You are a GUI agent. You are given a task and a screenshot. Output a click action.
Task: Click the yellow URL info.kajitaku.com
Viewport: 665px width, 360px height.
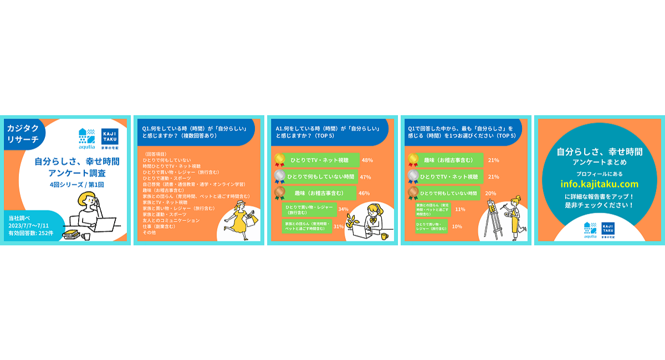(x=598, y=184)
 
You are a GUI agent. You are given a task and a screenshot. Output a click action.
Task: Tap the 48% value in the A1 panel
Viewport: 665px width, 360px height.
(x=367, y=160)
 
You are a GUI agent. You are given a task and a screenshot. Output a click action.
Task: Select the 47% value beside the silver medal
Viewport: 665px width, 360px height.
(x=365, y=177)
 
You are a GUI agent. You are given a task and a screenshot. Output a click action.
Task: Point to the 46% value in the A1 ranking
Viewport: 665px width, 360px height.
(x=364, y=193)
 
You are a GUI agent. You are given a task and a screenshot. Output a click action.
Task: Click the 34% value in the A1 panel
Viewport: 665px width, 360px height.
(x=343, y=209)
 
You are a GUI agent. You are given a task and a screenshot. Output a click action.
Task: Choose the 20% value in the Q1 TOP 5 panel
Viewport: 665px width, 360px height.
(x=490, y=193)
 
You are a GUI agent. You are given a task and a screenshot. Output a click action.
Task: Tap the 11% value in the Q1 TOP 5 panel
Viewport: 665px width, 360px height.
(x=460, y=209)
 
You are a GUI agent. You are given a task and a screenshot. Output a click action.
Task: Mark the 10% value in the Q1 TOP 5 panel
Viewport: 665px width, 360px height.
(x=457, y=226)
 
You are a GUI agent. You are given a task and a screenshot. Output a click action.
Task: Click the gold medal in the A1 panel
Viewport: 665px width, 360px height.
(x=280, y=160)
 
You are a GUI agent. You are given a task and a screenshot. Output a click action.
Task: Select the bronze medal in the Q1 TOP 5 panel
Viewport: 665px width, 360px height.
(x=412, y=193)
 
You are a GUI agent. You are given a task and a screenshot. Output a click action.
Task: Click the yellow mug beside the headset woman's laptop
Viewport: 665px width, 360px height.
(x=383, y=236)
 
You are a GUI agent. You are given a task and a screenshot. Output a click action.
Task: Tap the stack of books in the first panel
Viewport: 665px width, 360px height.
(x=70, y=235)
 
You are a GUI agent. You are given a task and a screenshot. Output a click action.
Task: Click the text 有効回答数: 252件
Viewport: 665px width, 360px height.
(x=31, y=233)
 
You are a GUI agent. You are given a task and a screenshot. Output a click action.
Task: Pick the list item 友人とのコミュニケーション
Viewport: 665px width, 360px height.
(x=171, y=220)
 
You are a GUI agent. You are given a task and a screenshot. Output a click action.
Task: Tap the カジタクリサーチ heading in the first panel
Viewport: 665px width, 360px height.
(x=23, y=133)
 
